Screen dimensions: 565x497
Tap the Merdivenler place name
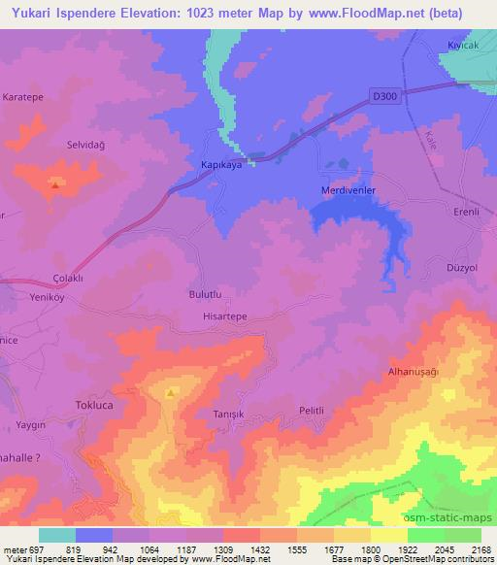[348, 190]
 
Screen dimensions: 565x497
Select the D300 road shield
[386, 95]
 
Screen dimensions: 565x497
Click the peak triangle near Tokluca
[171, 393]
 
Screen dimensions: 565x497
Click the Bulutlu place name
[205, 293]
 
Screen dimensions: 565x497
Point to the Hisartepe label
[223, 317]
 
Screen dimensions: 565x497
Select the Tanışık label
[230, 413]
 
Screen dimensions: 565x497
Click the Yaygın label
[32, 424]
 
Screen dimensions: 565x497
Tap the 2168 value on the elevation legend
[480, 549]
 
